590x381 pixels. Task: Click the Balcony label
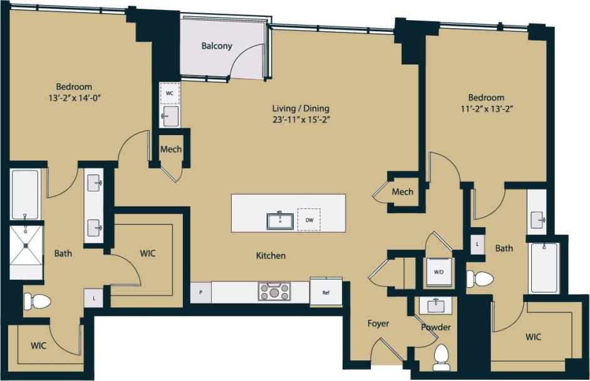pos(217,46)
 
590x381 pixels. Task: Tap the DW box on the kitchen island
pos(309,220)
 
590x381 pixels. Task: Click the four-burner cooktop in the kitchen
pos(275,292)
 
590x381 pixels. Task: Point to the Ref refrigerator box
pos(326,292)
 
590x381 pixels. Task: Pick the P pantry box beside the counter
pos(201,292)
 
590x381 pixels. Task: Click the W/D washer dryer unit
pos(439,272)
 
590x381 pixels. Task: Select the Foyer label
pos(378,323)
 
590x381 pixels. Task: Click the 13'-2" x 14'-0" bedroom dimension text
pos(74,98)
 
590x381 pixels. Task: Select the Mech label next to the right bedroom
pos(402,191)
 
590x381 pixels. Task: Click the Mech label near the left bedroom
pos(170,150)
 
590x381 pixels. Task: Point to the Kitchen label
pos(271,255)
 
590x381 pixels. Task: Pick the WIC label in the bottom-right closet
pos(533,337)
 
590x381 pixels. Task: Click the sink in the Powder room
pos(437,306)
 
